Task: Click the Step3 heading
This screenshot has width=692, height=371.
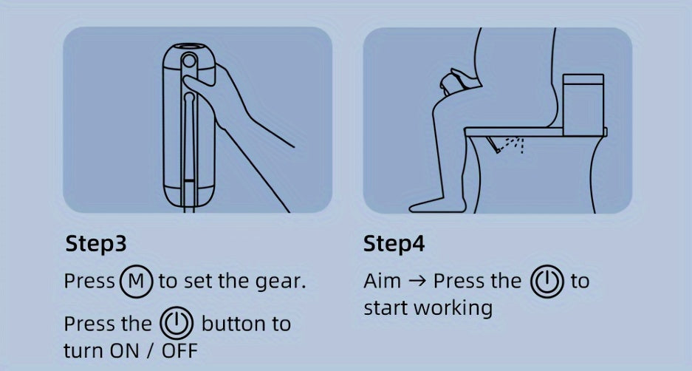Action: point(96,244)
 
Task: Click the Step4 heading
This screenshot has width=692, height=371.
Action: point(394,244)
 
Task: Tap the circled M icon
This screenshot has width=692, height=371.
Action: point(137,282)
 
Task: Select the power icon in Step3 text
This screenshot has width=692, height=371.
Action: point(176,323)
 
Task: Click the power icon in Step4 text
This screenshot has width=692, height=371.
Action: point(547,281)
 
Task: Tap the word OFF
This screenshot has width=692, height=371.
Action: point(179,351)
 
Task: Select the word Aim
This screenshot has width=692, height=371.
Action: point(383,281)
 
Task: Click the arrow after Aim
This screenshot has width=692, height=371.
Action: point(417,282)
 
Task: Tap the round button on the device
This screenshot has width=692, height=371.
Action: point(189,61)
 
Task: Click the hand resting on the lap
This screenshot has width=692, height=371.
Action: point(456,81)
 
